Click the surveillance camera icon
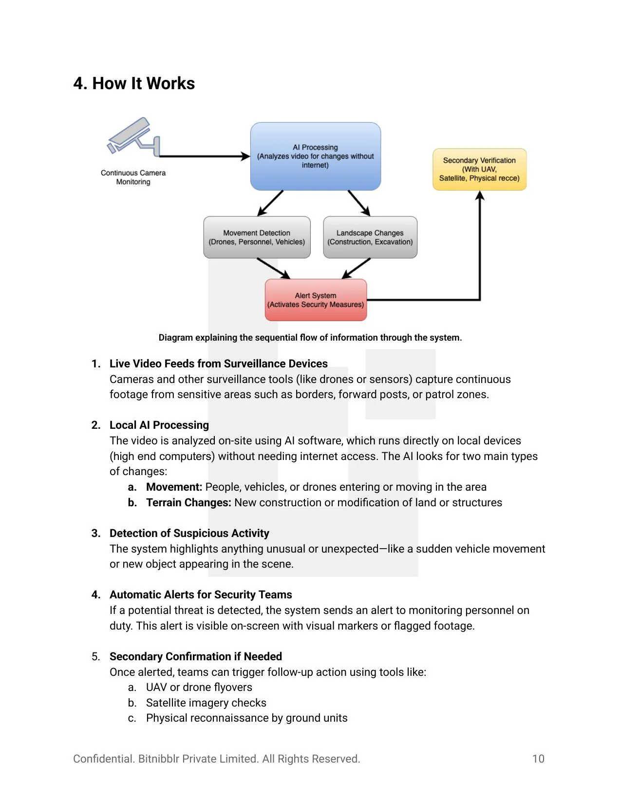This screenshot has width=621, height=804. (132, 136)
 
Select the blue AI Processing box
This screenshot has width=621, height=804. (315, 156)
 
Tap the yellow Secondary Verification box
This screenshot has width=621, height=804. (479, 169)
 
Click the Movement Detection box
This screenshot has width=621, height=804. (257, 237)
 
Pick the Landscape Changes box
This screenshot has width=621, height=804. (370, 237)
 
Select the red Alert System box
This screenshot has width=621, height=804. (316, 300)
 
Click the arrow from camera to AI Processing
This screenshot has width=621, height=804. (205, 156)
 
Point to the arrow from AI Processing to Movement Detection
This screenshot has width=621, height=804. (270, 203)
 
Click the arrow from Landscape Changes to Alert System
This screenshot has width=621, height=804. (357, 268)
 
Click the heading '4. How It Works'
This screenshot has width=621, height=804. (134, 83)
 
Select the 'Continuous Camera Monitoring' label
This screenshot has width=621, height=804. (133, 177)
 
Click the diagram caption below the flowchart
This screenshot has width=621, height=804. (310, 338)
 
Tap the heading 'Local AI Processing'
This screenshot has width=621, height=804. (159, 425)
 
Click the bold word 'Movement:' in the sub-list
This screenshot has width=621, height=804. (174, 487)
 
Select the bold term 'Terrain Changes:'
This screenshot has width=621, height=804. (188, 502)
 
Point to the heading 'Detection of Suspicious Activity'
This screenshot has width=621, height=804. (189, 533)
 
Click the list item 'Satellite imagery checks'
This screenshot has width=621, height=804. (206, 703)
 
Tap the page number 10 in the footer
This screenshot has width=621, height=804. (538, 759)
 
